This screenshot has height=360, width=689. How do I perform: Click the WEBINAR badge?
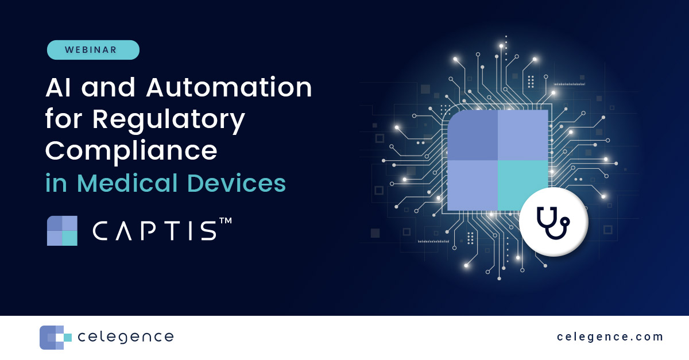(93, 50)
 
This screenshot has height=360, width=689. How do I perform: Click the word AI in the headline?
(60, 88)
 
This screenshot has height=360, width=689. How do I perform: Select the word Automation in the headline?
(229, 88)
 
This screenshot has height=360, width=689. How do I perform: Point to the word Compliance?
(131, 150)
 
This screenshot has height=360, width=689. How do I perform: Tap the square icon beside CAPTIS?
(62, 231)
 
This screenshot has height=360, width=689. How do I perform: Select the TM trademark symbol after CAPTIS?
(225, 221)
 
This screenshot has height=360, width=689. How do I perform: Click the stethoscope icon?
(553, 222)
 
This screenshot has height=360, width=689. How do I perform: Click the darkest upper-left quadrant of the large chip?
(472, 135)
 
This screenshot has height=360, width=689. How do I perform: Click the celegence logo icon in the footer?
(55, 338)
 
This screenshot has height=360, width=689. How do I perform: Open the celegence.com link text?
(610, 337)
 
